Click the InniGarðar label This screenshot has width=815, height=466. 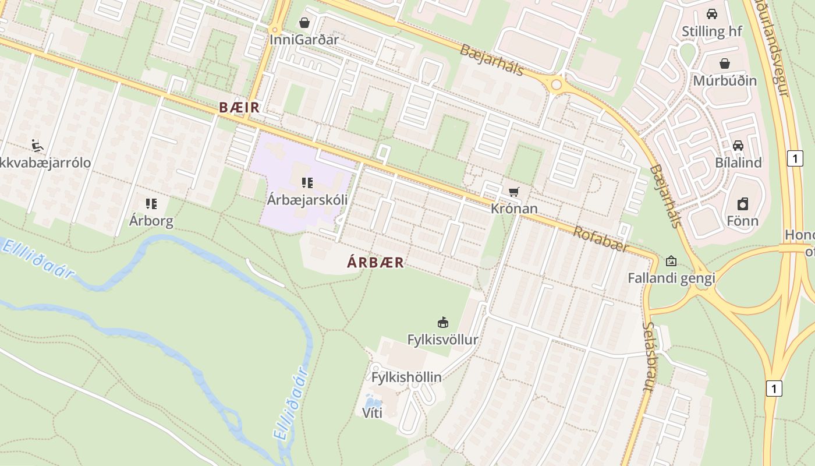(304, 40)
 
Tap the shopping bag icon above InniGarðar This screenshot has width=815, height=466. (304, 23)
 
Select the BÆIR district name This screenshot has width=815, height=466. (239, 108)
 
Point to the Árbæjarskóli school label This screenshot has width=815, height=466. (307, 200)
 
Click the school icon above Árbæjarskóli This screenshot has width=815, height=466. (307, 183)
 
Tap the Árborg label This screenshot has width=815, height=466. (151, 221)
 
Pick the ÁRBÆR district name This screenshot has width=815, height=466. (375, 262)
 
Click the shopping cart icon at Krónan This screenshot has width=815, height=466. (513, 192)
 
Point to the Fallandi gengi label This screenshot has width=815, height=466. (671, 278)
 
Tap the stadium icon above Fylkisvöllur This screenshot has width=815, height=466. (442, 322)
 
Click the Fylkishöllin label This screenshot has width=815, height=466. (406, 377)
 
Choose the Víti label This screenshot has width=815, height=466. (373, 414)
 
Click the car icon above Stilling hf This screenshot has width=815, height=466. (711, 14)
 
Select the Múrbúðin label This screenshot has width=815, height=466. (725, 80)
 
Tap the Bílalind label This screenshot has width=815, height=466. (738, 163)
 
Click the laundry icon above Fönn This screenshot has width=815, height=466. (742, 204)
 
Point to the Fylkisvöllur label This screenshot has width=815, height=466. (442, 340)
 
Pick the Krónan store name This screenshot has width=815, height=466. (515, 209)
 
